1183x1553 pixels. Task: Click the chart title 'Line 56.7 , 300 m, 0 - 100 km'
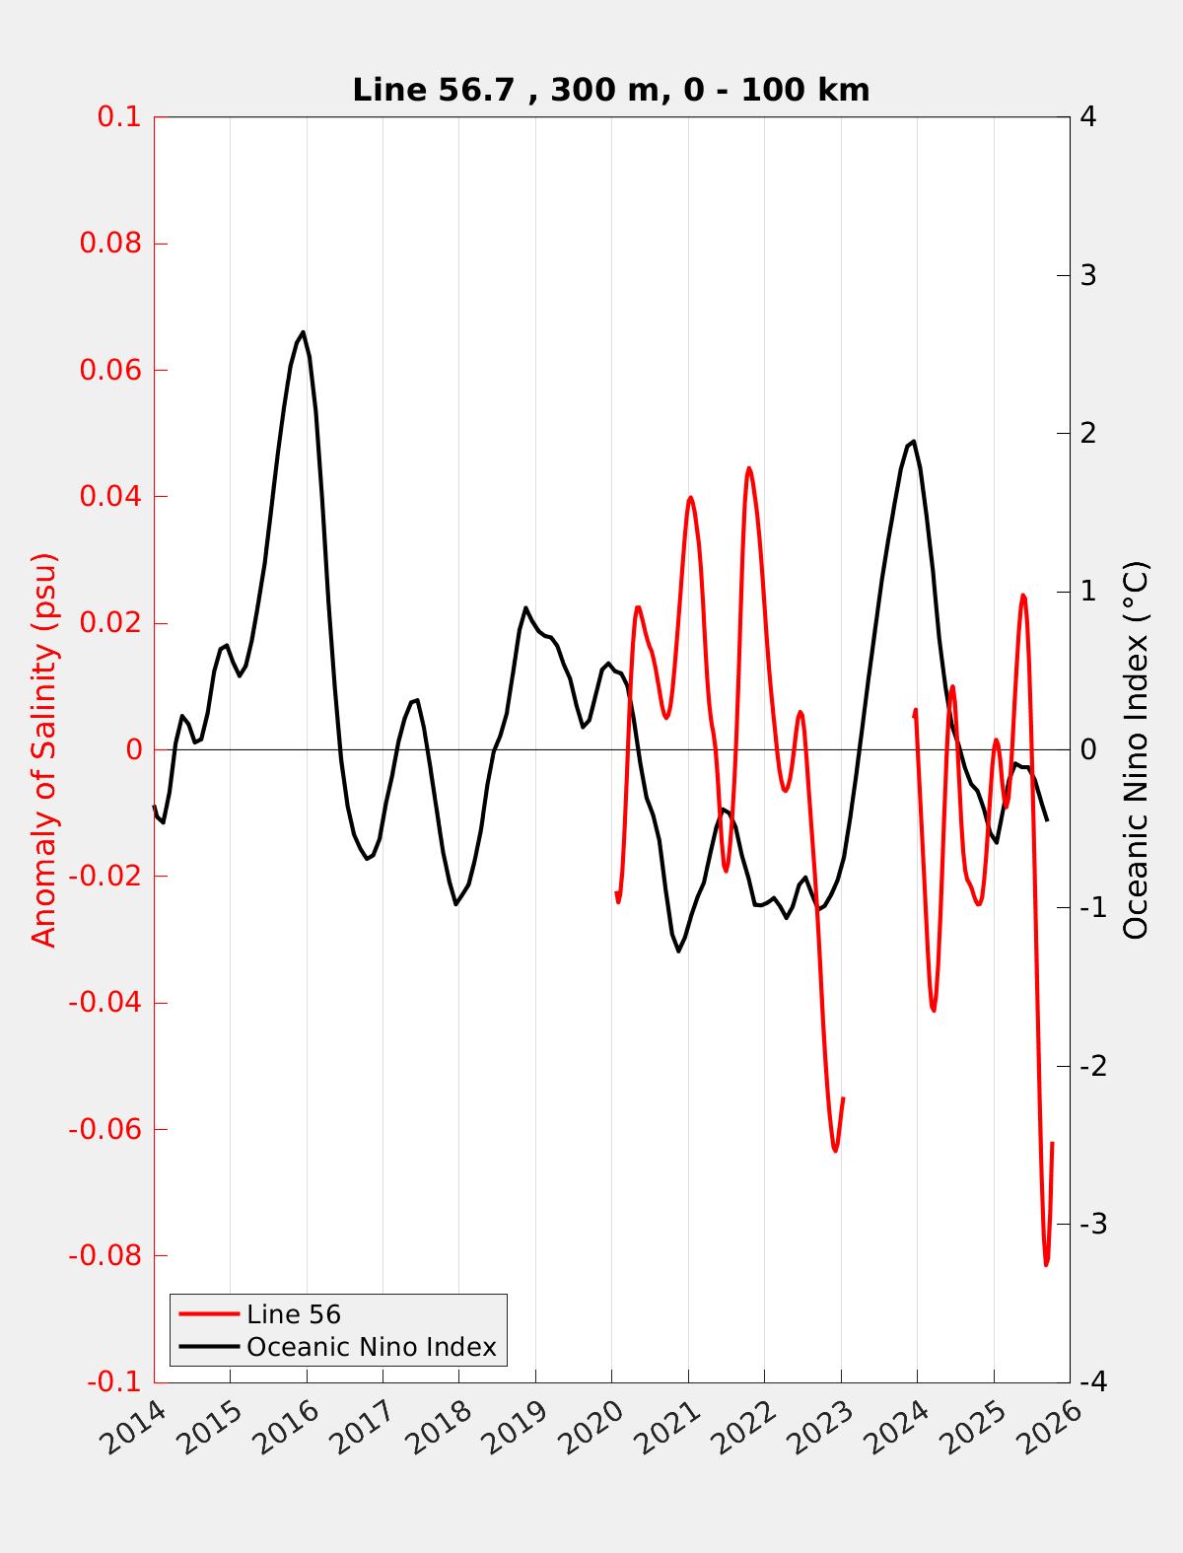click(x=610, y=90)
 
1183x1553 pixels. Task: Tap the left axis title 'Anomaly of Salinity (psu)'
click(x=44, y=749)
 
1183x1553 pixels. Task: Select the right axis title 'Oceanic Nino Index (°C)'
click(x=1136, y=749)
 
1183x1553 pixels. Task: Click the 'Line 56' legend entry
click(x=294, y=1314)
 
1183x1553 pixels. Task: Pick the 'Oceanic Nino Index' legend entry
click(x=371, y=1347)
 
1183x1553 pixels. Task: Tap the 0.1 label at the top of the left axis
click(x=119, y=116)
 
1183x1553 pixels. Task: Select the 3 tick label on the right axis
click(x=1088, y=275)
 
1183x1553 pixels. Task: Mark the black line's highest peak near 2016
click(x=303, y=332)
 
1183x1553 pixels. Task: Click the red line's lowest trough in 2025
click(x=1046, y=1264)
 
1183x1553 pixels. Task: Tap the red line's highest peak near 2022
click(x=748, y=468)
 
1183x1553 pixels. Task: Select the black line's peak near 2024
click(x=914, y=442)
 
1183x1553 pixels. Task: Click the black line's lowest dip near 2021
click(x=678, y=951)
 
